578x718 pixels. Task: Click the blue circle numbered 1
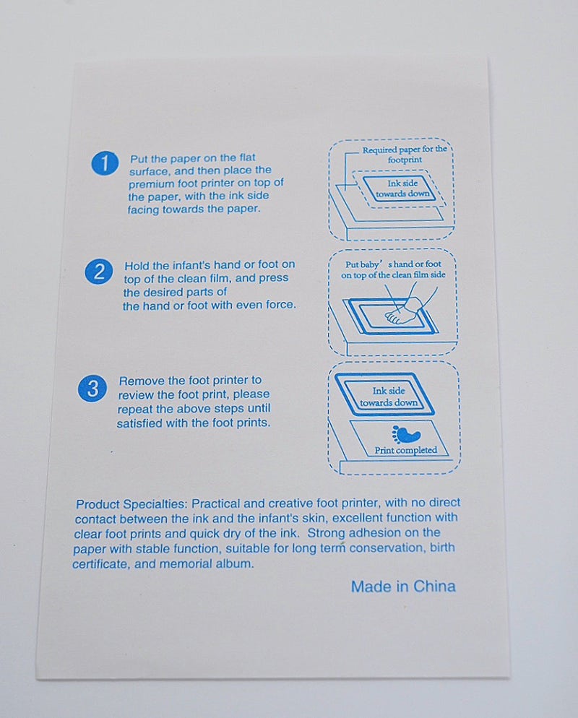(x=105, y=163)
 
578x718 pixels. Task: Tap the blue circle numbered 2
(x=98, y=272)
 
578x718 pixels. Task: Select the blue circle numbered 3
(x=92, y=389)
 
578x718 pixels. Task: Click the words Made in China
(x=403, y=586)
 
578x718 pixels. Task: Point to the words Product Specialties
(x=131, y=504)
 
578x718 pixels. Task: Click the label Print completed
(x=406, y=450)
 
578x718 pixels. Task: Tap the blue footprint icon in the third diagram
(x=406, y=435)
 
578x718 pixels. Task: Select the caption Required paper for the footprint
(x=405, y=155)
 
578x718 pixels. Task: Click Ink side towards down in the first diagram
(x=402, y=189)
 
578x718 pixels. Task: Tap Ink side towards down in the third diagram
(x=389, y=397)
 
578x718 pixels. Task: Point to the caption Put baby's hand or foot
(x=393, y=264)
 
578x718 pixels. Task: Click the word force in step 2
(x=280, y=305)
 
